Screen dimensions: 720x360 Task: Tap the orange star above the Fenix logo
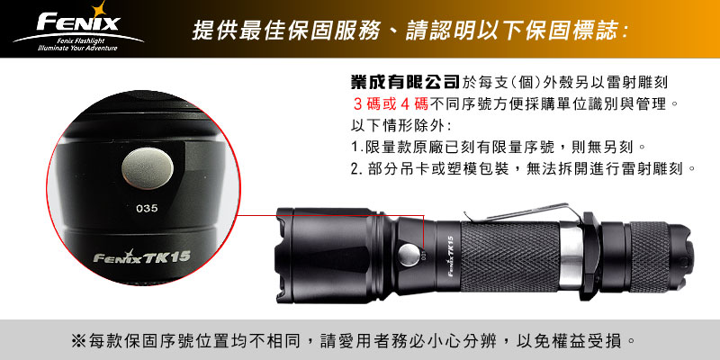97,9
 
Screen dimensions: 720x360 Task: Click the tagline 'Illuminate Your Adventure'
77,48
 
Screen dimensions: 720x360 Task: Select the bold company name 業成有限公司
404,82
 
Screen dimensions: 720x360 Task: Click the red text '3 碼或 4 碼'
391,104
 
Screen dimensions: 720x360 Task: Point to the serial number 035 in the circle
147,208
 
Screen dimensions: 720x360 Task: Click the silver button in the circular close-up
148,168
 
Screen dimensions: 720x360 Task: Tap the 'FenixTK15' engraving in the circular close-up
142,256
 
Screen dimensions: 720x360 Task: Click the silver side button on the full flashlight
409,255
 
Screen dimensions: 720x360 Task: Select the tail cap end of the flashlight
682,257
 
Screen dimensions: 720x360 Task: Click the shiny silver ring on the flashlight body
571,257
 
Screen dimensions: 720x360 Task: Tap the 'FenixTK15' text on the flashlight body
450,256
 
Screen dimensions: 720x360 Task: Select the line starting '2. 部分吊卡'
524,169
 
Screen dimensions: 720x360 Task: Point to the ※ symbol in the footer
78,341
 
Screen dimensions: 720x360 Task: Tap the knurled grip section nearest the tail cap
649,256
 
